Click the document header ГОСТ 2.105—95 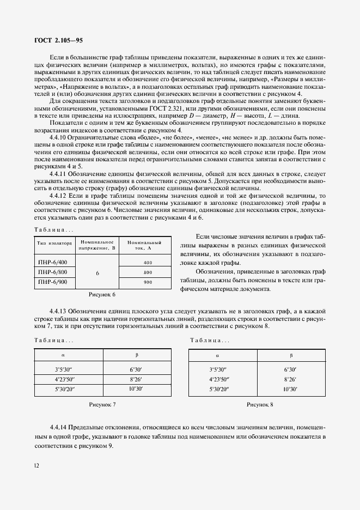[x=59, y=40]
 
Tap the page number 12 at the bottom [x=36, y=465]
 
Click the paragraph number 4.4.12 [x=59, y=196]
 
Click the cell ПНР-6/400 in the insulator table [x=53, y=262]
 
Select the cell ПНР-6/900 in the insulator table [x=53, y=282]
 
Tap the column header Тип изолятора [x=54, y=245]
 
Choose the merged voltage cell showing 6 [x=97, y=272]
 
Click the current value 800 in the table [x=148, y=272]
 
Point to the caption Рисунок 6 [x=102, y=295]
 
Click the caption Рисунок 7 [x=102, y=404]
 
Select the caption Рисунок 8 [x=260, y=404]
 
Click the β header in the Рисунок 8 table [x=291, y=355]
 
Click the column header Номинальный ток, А [x=145, y=245]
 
